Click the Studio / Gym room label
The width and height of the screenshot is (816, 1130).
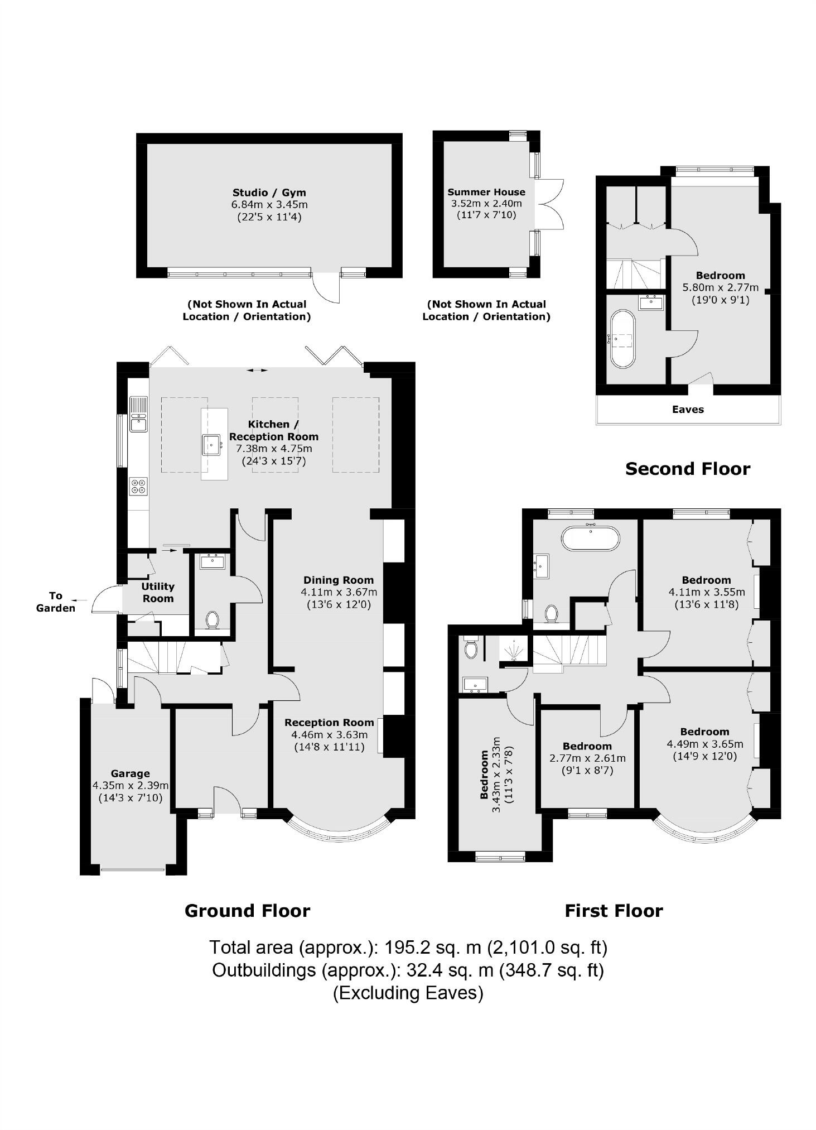click(x=269, y=193)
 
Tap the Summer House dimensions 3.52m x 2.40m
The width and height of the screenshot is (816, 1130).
click(x=486, y=204)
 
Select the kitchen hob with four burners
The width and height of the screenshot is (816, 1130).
click(x=138, y=486)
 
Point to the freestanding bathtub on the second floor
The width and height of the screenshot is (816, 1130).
click(x=622, y=339)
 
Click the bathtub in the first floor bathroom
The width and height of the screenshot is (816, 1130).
click(x=590, y=538)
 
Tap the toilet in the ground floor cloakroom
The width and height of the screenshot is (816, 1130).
click(x=212, y=619)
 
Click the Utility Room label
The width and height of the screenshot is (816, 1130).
click(x=158, y=592)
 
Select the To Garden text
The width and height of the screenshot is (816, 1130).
click(x=55, y=602)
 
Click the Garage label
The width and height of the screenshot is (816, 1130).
click(x=130, y=773)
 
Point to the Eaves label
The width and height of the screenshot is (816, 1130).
click(x=688, y=410)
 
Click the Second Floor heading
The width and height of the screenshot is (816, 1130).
click(x=687, y=469)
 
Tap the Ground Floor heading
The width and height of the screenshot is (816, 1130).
click(x=247, y=911)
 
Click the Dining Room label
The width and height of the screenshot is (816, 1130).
click(x=338, y=580)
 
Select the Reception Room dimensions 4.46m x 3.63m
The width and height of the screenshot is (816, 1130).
click(x=329, y=734)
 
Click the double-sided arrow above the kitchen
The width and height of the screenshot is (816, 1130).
click(x=257, y=370)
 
